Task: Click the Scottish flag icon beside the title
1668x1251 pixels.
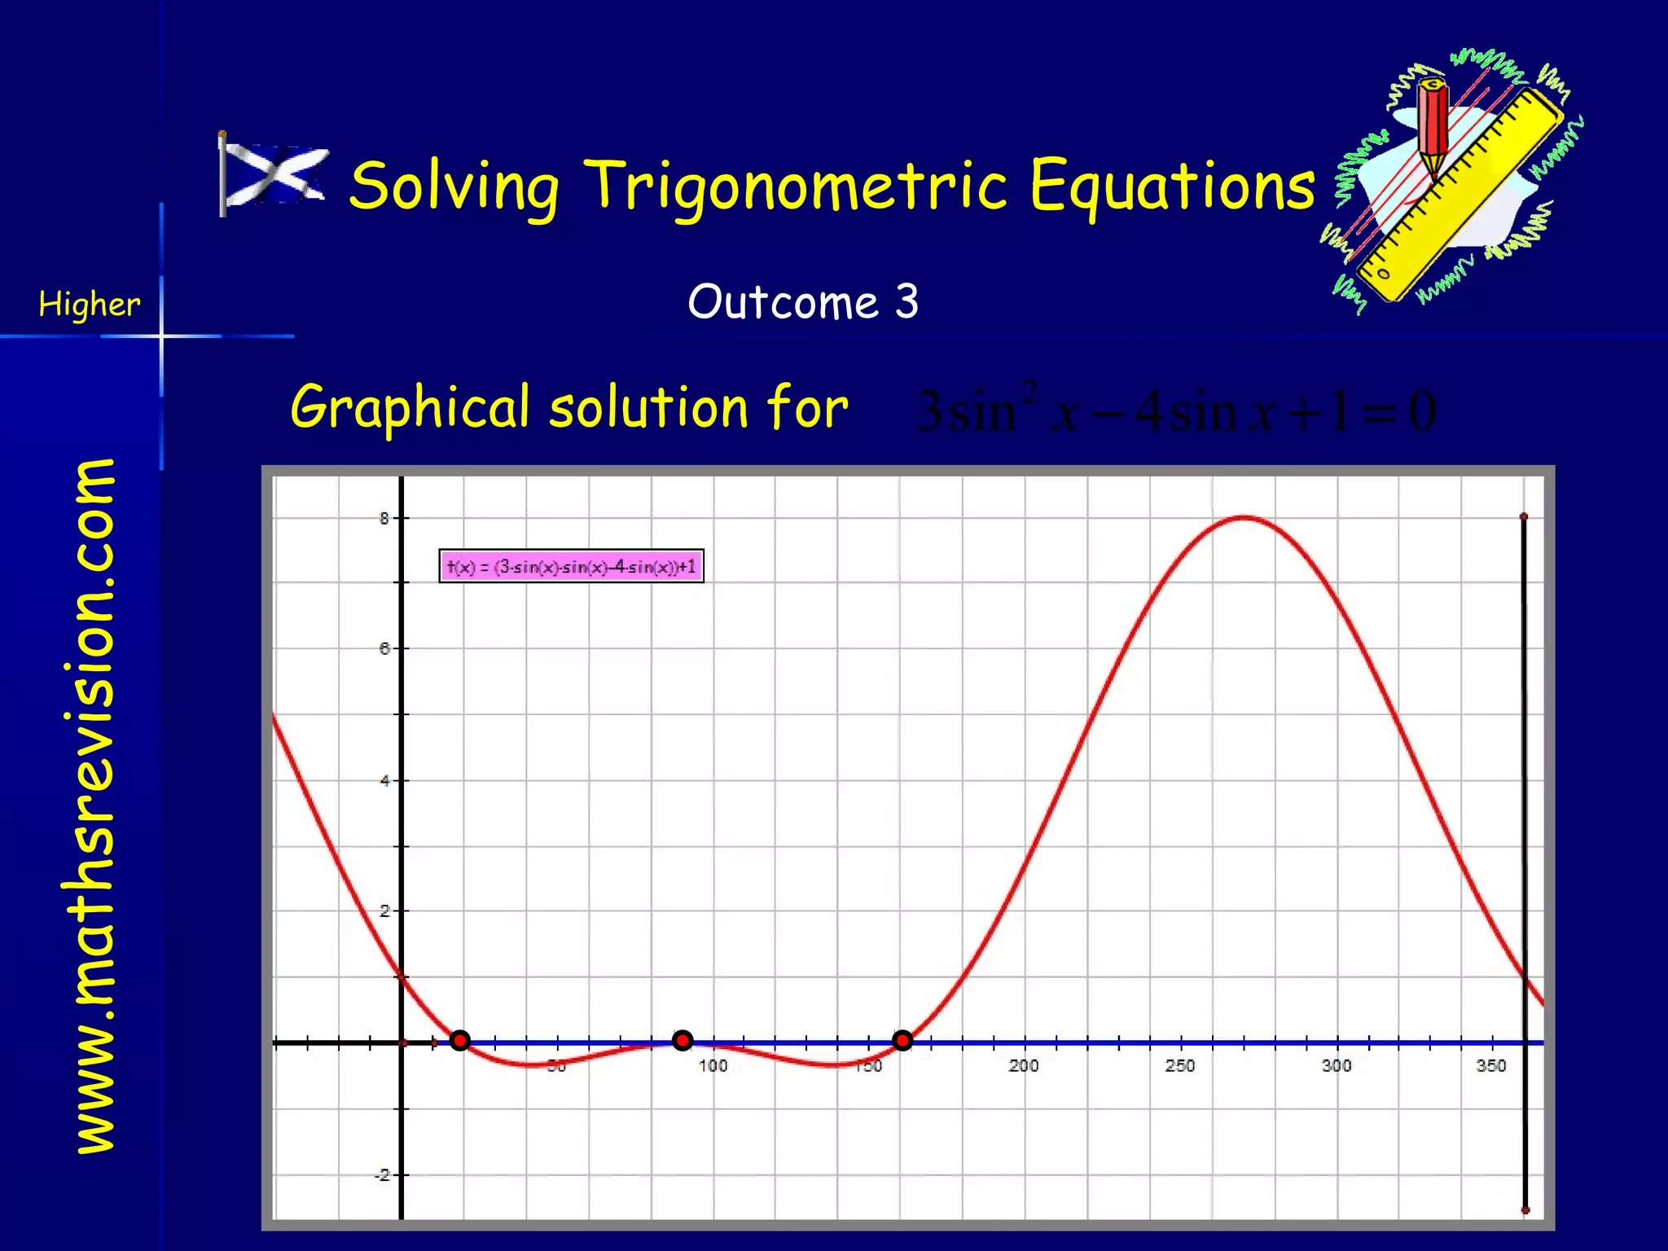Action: click(274, 174)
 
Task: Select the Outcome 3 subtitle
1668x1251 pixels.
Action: click(803, 302)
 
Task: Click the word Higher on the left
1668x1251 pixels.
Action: click(90, 305)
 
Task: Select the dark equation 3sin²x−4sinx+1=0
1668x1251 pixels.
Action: click(1175, 410)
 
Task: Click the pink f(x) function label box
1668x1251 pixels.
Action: click(571, 566)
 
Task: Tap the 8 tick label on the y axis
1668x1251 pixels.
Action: click(384, 519)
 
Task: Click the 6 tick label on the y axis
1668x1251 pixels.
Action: click(384, 649)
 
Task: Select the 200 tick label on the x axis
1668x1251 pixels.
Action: click(1023, 1065)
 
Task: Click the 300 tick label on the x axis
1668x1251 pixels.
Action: click(1336, 1065)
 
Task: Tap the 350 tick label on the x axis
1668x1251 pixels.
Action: click(1491, 1065)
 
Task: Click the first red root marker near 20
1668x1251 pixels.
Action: click(460, 1040)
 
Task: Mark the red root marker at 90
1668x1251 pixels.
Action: click(683, 1040)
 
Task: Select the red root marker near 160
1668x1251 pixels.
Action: click(902, 1040)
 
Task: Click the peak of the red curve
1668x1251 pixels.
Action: click(1243, 518)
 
